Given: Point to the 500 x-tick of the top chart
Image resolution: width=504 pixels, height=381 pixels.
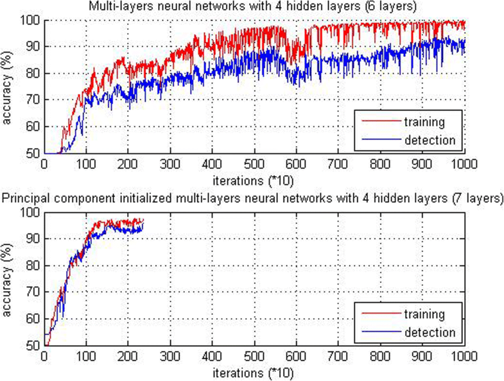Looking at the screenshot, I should tap(255, 164).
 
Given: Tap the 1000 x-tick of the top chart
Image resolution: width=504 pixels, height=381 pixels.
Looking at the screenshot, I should tap(464, 164).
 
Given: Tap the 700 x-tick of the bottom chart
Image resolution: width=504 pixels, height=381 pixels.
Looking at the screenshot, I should tap(339, 357).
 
